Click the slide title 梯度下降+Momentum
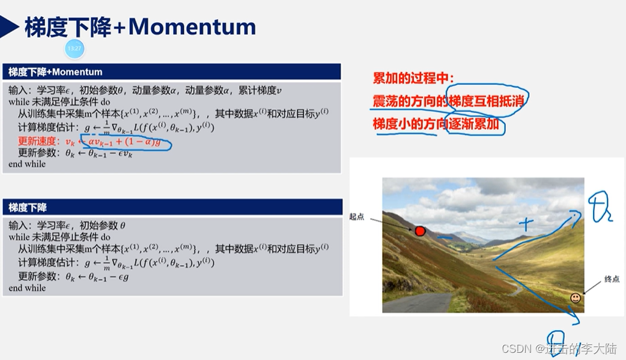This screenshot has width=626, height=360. pyautogui.click(x=140, y=27)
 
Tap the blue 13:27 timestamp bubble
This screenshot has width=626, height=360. pyautogui.click(x=74, y=48)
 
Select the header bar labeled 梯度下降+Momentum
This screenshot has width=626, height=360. pyautogui.click(x=171, y=72)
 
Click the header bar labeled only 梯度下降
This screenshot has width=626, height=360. pyautogui.click(x=171, y=207)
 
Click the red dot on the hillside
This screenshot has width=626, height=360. pyautogui.click(x=420, y=231)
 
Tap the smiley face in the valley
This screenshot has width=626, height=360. pyautogui.click(x=576, y=298)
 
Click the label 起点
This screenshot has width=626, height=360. pyautogui.click(x=357, y=216)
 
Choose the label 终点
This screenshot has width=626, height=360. pyautogui.click(x=612, y=279)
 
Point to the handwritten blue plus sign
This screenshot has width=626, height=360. pyautogui.click(x=526, y=225)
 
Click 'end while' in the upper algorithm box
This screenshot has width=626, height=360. pyautogui.click(x=27, y=164)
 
